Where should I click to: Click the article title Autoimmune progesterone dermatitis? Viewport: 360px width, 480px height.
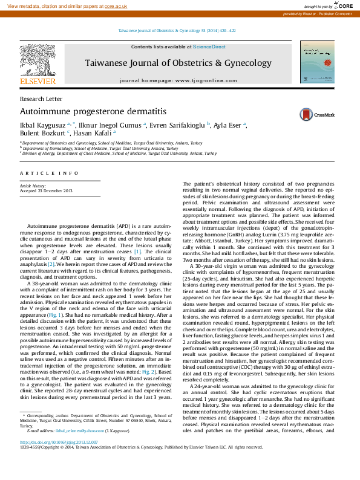pyautogui.click(x=85, y=112)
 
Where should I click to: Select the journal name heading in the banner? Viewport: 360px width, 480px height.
pyautogui.click(x=178, y=63)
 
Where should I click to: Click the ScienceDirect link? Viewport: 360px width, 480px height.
pyautogui.click(x=209, y=47)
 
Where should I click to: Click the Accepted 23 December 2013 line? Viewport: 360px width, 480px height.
pyautogui.click(x=46, y=191)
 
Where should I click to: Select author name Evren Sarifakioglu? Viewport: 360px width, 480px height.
pyautogui.click(x=177, y=125)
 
